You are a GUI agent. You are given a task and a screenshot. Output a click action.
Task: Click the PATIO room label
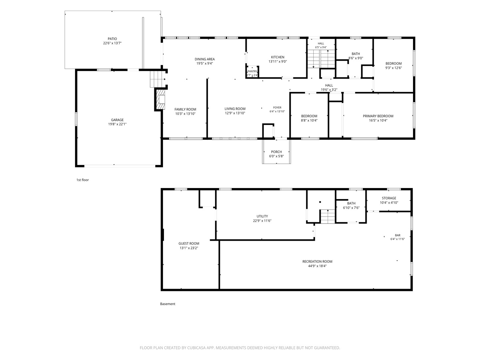tap(112, 39)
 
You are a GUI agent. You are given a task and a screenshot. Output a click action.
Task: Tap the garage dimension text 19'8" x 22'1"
tap(117, 124)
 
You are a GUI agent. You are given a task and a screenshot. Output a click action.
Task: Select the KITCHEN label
tap(278, 57)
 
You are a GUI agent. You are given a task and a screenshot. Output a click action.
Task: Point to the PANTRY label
tap(252, 71)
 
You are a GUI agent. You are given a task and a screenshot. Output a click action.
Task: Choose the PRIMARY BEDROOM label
tap(378, 116)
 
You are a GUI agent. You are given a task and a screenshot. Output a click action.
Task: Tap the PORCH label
tap(276, 152)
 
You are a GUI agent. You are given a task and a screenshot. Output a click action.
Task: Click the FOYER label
tap(277, 108)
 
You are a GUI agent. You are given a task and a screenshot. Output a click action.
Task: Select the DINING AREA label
tap(205, 59)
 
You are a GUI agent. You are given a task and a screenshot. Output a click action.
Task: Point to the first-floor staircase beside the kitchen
tap(321, 59)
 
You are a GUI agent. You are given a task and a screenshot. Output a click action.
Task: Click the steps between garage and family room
tap(157, 79)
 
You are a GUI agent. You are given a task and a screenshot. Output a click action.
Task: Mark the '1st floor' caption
tap(82, 180)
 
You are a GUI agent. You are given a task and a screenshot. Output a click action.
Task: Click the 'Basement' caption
tap(168, 304)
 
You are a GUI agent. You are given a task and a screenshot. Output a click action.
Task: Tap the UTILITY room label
tap(262, 216)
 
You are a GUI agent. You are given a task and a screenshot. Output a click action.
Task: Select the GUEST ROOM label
tap(189, 243)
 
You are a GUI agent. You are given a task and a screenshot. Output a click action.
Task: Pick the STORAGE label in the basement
tap(389, 198)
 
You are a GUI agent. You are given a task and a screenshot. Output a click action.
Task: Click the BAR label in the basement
tap(398, 235)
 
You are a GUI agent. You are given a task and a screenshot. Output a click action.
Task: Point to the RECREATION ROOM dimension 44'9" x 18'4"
tap(317, 266)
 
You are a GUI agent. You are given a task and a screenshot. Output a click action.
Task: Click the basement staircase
tap(328, 216)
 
